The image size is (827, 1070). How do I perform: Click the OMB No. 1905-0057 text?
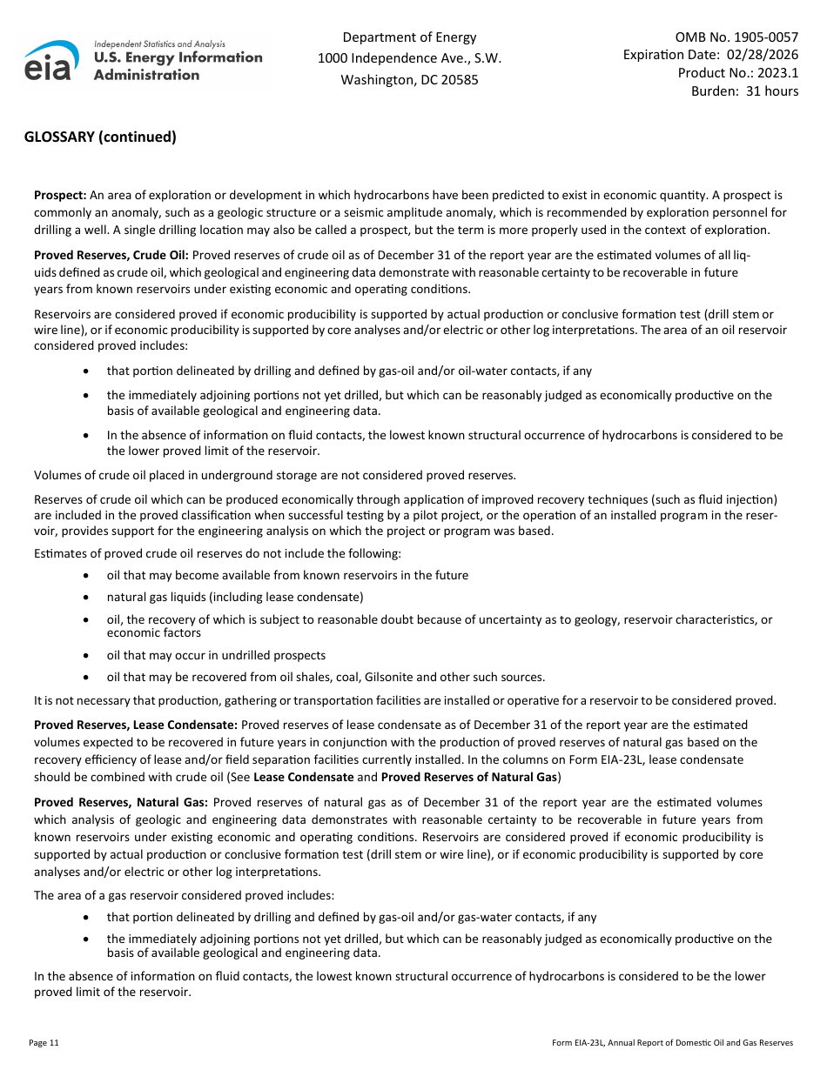(x=736, y=37)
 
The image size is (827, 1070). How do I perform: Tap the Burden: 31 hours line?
(x=744, y=91)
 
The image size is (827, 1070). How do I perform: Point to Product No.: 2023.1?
(x=737, y=73)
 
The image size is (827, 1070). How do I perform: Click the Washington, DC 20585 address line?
(x=409, y=80)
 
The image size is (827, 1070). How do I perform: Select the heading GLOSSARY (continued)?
(x=100, y=137)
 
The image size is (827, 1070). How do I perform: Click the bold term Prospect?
(x=60, y=196)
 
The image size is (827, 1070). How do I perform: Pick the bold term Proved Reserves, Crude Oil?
(x=111, y=255)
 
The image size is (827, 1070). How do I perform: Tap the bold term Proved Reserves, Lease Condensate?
(x=135, y=725)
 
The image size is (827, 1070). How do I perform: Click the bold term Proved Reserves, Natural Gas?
(x=120, y=802)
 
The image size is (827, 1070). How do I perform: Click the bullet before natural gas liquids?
(x=84, y=598)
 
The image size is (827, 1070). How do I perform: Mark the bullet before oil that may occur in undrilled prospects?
(x=84, y=656)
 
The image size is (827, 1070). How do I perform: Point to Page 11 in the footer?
(x=44, y=1042)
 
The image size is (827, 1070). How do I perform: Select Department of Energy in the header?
(x=409, y=37)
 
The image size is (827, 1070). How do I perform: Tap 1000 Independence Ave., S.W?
(x=409, y=58)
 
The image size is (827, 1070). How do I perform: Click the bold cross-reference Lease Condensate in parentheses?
(x=303, y=777)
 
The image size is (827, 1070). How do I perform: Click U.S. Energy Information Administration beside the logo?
(x=178, y=65)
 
